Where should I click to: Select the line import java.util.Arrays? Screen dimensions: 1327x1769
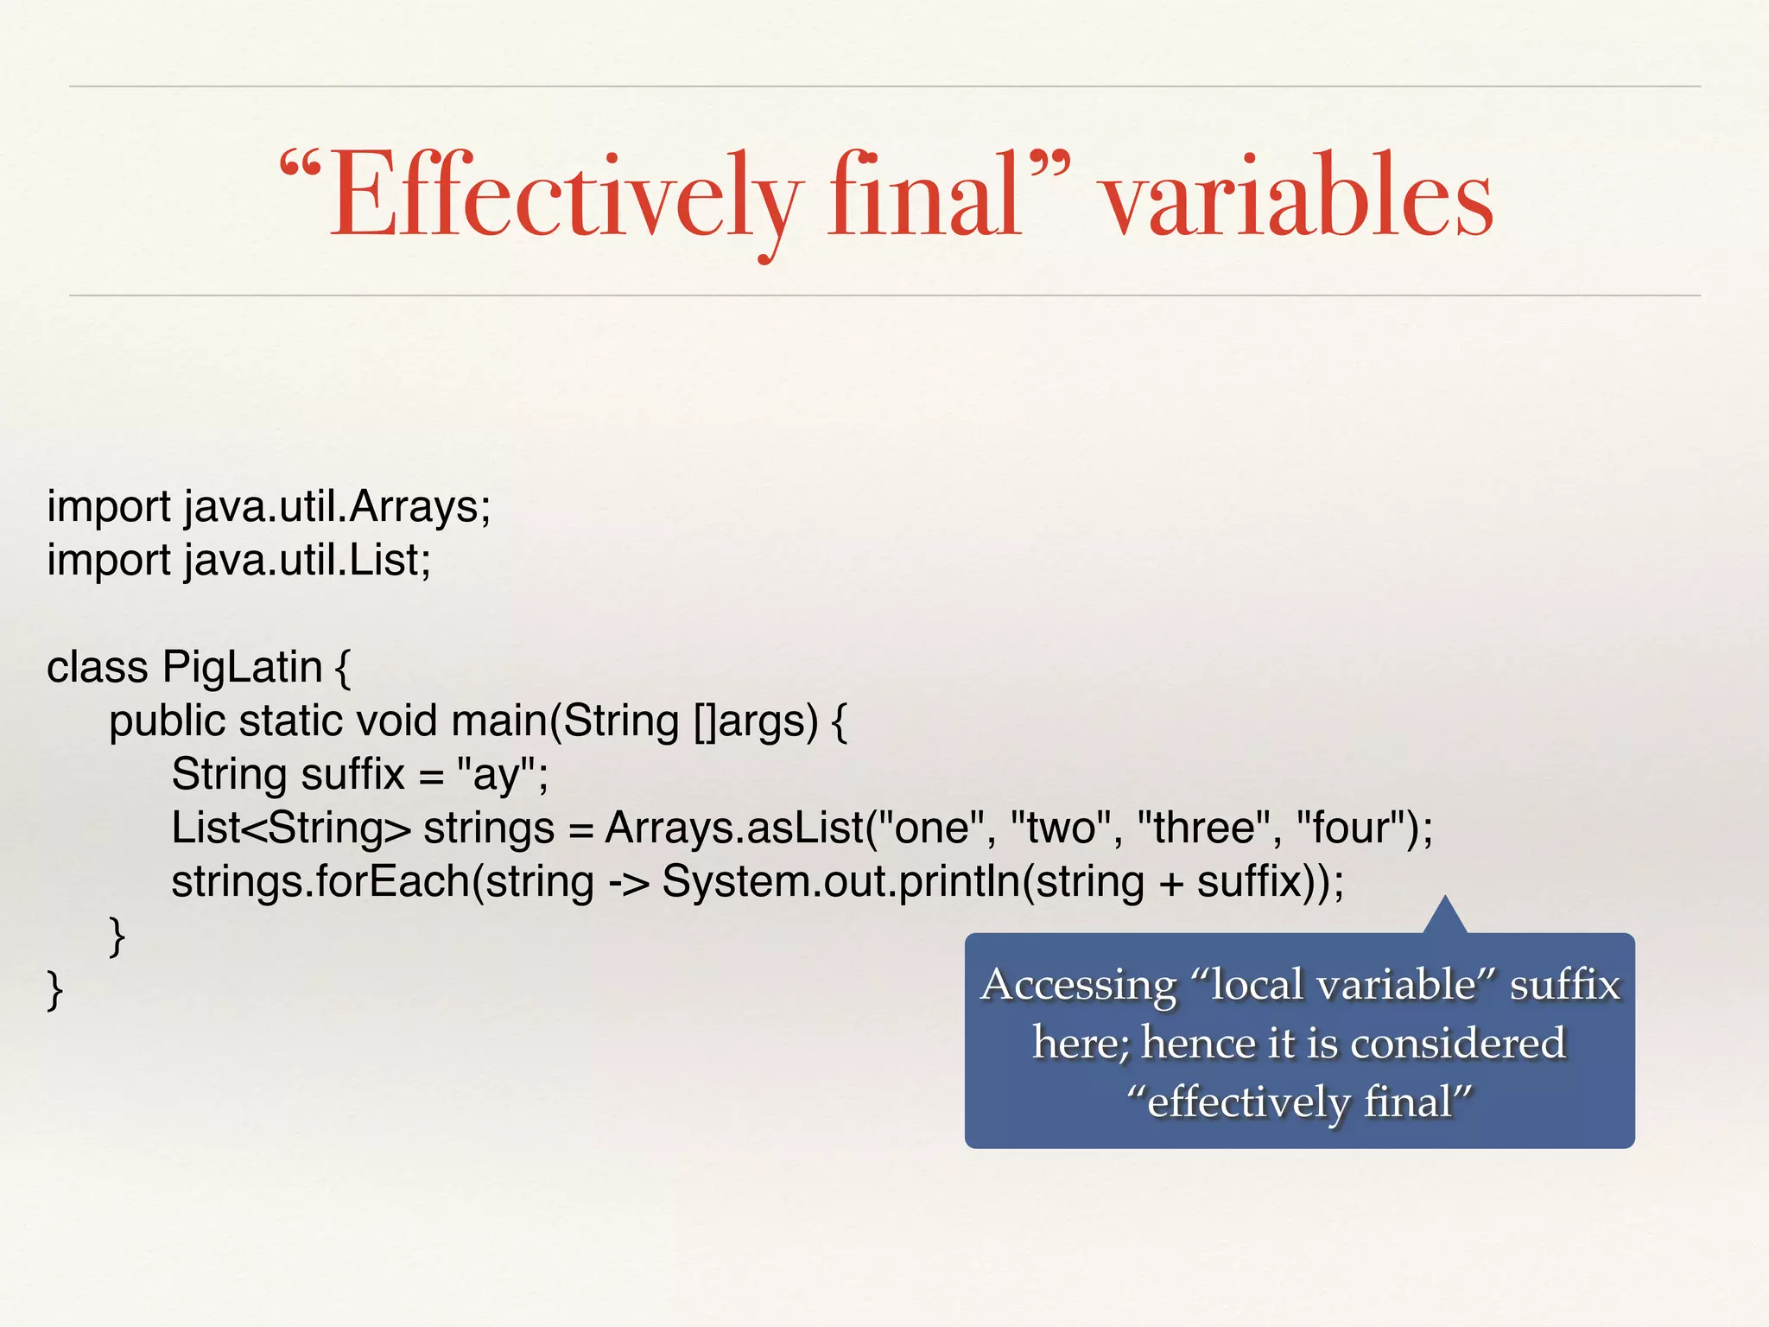point(269,506)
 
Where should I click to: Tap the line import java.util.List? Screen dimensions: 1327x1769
point(238,560)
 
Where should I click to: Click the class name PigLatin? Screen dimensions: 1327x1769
point(242,668)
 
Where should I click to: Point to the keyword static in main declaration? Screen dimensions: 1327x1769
point(290,721)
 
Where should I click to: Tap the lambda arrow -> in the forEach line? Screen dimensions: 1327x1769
point(628,883)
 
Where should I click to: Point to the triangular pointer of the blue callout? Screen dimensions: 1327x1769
point(1444,917)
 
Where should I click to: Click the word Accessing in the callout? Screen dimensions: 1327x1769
point(1078,985)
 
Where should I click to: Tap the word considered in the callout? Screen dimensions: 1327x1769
point(1457,1044)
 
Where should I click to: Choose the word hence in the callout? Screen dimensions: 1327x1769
point(1199,1044)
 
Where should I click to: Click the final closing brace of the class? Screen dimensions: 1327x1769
point(54,990)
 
